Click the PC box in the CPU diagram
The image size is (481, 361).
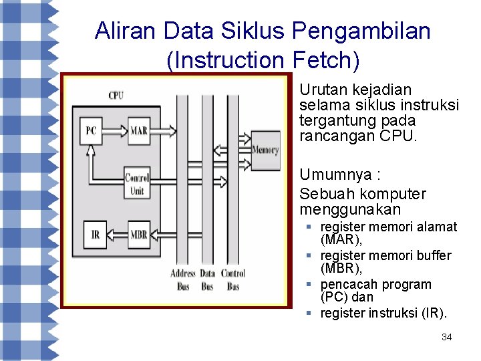pos(91,130)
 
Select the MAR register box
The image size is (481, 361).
pos(138,130)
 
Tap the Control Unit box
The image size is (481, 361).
pos(136,185)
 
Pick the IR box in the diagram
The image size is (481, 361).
pos(95,234)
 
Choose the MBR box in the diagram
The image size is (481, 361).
pos(138,234)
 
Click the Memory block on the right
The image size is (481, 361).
pos(265,150)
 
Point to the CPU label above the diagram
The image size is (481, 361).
pos(116,96)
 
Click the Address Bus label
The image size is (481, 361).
pos(183,279)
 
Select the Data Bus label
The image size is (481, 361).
pos(208,279)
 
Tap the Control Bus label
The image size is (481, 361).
pos(232,279)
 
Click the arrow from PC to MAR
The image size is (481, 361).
pos(114,130)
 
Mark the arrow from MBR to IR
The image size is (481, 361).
pos(116,234)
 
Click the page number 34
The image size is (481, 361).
pos(447,337)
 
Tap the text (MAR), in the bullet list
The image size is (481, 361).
pos(341,239)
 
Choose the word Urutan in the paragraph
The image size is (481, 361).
pos(319,90)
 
